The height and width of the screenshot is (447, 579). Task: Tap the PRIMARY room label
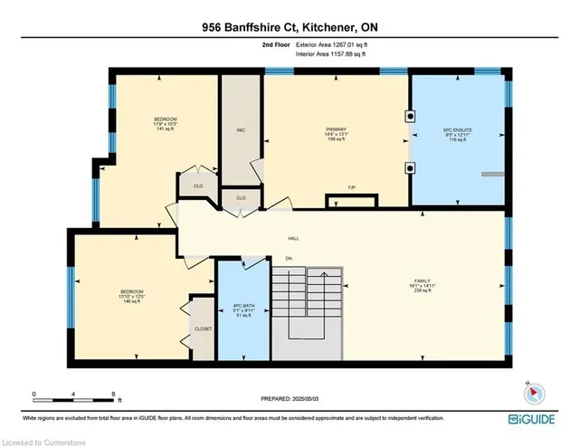[337, 129]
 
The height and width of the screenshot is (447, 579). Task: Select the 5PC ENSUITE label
[458, 129]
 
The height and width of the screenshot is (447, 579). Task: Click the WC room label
[241, 129]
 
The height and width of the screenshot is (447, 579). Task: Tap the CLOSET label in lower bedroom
[204, 328]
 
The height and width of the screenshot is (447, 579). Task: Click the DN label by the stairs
[289, 260]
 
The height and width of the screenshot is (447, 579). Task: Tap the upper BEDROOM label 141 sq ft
[165, 124]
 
